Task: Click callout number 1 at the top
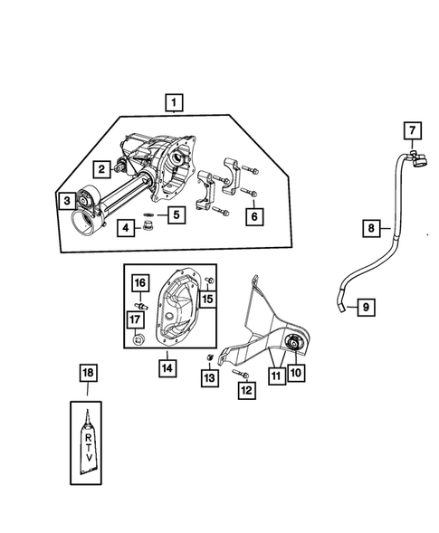172,103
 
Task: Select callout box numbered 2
103,167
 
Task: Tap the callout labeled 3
66,200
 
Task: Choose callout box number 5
175,215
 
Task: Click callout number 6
254,216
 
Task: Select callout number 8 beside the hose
371,229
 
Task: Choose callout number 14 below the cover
168,367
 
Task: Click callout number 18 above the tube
88,372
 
